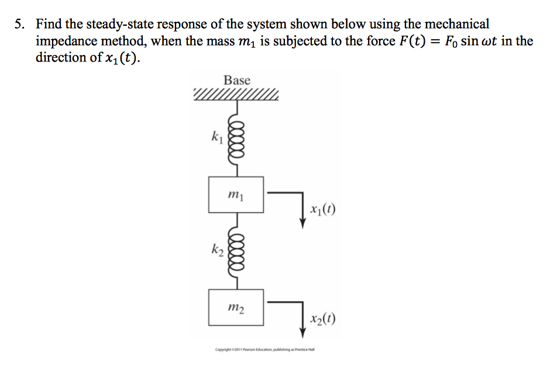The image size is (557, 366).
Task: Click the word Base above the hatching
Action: pyautogui.click(x=237, y=80)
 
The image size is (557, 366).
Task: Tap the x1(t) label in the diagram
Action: pyautogui.click(x=325, y=210)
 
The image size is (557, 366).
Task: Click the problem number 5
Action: pyautogui.click(x=20, y=25)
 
